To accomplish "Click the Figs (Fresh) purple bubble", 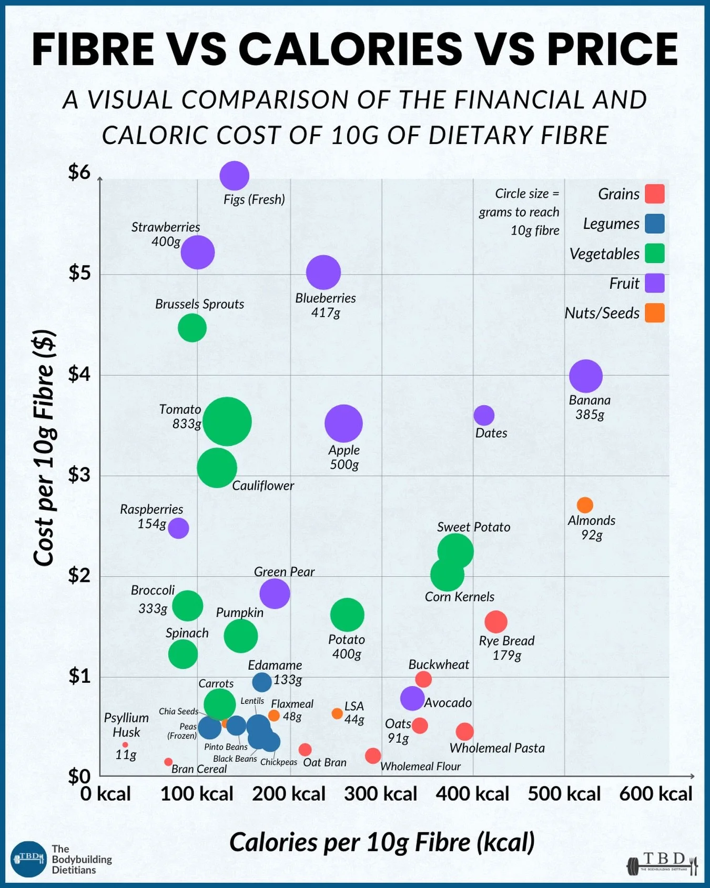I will [234, 176].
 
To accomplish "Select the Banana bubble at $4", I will [585, 376].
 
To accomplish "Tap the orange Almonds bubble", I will [585, 505].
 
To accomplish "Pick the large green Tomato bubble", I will [227, 422].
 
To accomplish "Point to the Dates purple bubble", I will [484, 416].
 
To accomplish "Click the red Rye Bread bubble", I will [495, 622].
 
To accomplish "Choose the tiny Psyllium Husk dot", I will [125, 745].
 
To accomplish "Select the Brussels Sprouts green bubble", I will [192, 328].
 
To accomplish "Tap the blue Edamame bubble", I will [262, 682].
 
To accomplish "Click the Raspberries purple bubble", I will [178, 528].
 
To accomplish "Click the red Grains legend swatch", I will [655, 194].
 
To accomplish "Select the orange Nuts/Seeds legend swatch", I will [655, 313].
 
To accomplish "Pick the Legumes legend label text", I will [611, 224].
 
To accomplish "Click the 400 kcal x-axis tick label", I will [472, 794].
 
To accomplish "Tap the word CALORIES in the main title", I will [350, 49].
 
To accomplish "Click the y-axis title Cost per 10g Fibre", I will [44, 447].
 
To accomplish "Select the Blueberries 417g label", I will [326, 305].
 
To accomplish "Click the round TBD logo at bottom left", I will [28, 859].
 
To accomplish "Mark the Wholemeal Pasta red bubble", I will [464, 731].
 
